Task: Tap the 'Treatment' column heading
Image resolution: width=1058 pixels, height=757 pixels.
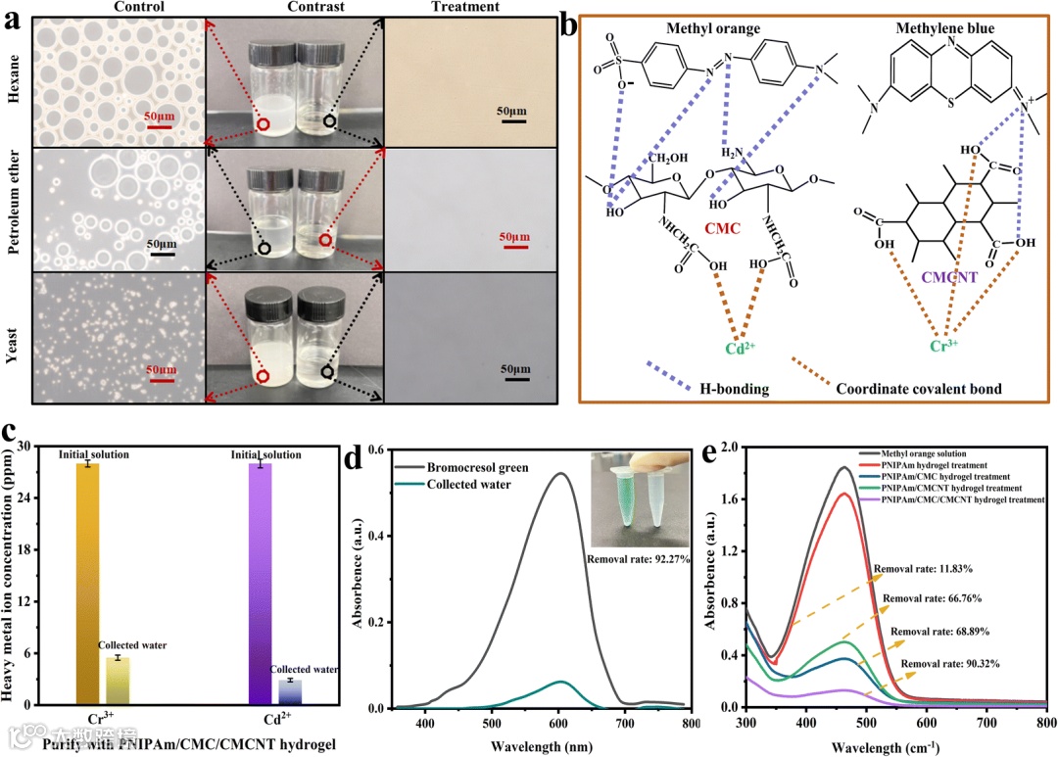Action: point(465,8)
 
